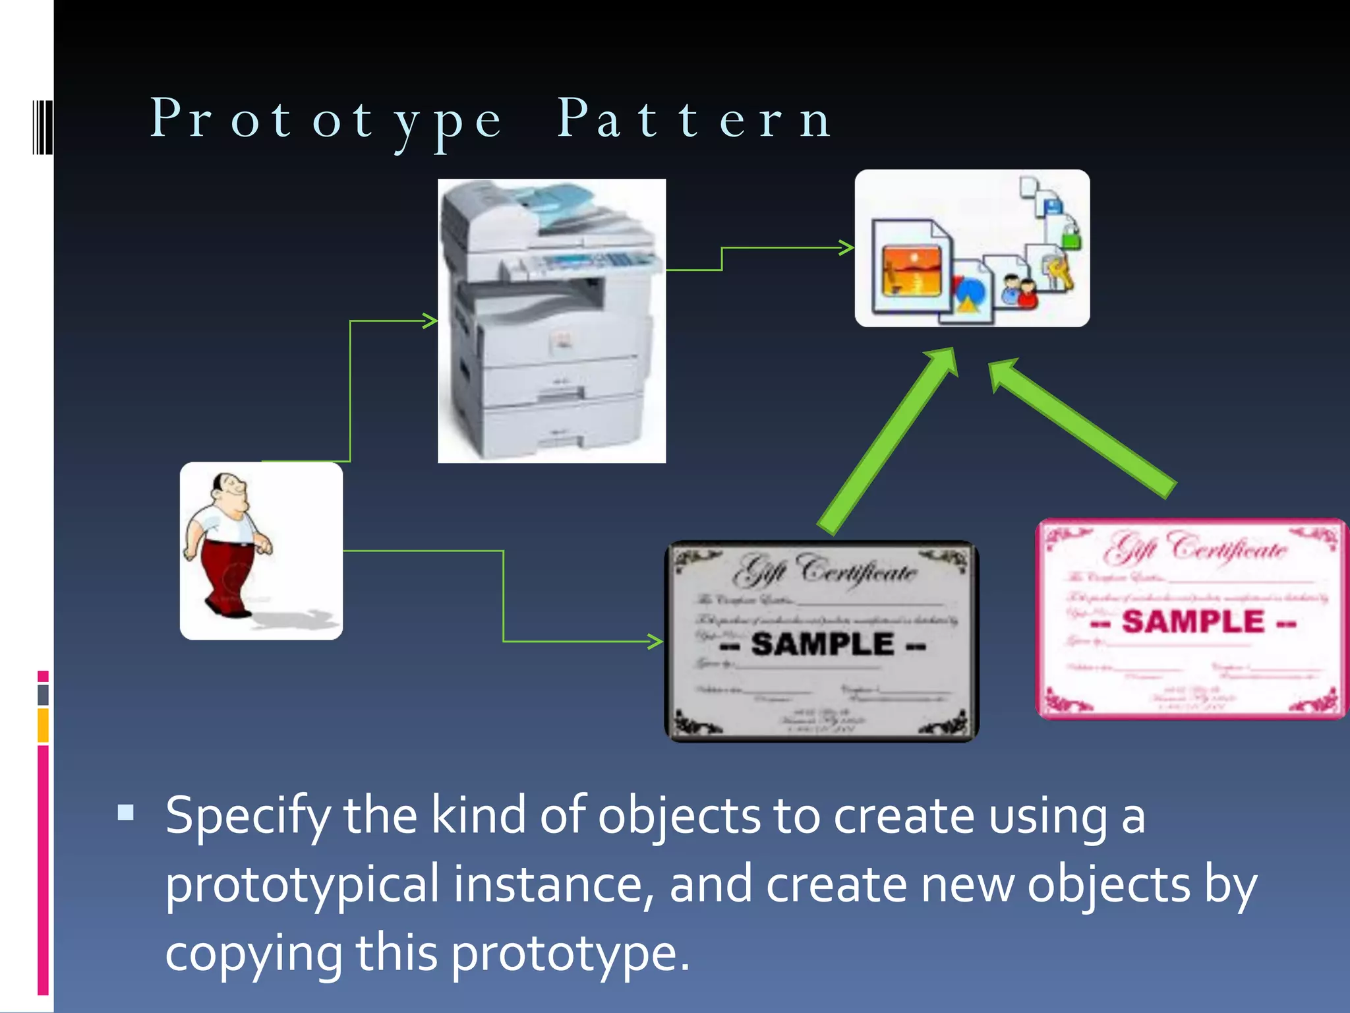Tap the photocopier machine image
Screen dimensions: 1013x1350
pos(552,321)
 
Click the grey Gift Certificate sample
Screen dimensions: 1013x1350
pos(821,641)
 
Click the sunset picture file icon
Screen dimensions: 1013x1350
pos(912,270)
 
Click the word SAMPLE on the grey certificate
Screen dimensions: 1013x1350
pos(823,644)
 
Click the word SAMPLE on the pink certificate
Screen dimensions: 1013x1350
pos(1193,621)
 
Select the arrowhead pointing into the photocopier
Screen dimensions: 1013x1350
pos(430,321)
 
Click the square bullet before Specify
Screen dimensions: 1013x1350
pos(125,812)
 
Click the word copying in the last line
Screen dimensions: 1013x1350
pos(253,954)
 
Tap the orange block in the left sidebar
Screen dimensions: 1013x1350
pos(43,725)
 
